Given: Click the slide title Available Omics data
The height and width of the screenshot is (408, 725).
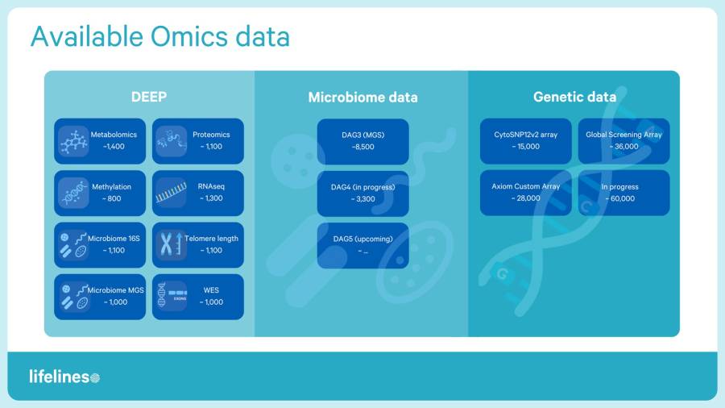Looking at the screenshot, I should click(x=159, y=37).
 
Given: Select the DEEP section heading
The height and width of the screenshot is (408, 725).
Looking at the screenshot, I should click(x=149, y=97).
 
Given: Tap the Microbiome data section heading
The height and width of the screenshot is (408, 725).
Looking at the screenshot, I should click(x=362, y=98).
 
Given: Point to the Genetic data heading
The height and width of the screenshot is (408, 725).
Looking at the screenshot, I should click(x=574, y=97).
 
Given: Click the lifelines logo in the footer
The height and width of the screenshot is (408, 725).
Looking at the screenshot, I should click(x=64, y=377).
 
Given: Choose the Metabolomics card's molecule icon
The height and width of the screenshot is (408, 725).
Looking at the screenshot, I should click(x=73, y=142).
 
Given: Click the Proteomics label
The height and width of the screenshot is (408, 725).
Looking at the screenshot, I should click(x=211, y=135).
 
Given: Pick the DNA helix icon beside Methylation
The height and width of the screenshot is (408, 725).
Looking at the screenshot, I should click(x=73, y=194).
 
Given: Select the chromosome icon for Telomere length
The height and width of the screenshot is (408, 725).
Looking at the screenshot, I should click(x=171, y=244).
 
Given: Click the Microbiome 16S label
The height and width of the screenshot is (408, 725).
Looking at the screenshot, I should click(x=114, y=239).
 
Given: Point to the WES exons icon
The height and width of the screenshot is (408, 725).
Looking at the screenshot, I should click(x=171, y=296).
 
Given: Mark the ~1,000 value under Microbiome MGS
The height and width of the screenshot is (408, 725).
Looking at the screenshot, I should click(x=114, y=302).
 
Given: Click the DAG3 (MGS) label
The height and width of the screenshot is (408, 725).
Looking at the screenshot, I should click(x=362, y=135).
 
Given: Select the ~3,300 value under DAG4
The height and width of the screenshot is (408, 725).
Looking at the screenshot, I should click(x=362, y=198).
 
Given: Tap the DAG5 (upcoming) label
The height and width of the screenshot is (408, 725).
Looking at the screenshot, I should click(x=362, y=239).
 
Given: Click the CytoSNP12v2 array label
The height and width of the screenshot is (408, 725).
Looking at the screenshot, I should click(x=525, y=135).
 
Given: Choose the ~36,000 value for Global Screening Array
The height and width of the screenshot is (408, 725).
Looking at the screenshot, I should click(x=623, y=147).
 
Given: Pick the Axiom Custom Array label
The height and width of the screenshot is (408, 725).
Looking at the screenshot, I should click(x=525, y=186).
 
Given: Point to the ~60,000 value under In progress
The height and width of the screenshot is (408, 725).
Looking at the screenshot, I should click(x=623, y=198).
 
